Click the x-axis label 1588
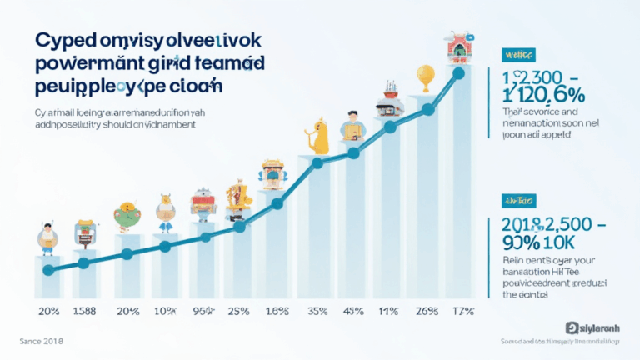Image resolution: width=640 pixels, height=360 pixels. click(x=84, y=312)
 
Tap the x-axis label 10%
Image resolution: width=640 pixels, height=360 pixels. click(x=164, y=312)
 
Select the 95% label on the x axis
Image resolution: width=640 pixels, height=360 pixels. click(x=202, y=312)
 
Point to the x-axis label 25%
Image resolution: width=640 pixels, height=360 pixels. click(x=239, y=312)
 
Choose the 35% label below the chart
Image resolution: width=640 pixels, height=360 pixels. click(x=317, y=312)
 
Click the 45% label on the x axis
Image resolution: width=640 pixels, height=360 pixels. click(x=353, y=312)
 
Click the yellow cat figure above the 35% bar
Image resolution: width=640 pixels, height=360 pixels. click(x=319, y=133)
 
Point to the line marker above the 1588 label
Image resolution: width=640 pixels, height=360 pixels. click(x=83, y=263)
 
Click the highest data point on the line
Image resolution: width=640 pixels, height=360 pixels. click(x=457, y=72)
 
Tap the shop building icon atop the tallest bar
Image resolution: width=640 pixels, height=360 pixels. click(x=458, y=48)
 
